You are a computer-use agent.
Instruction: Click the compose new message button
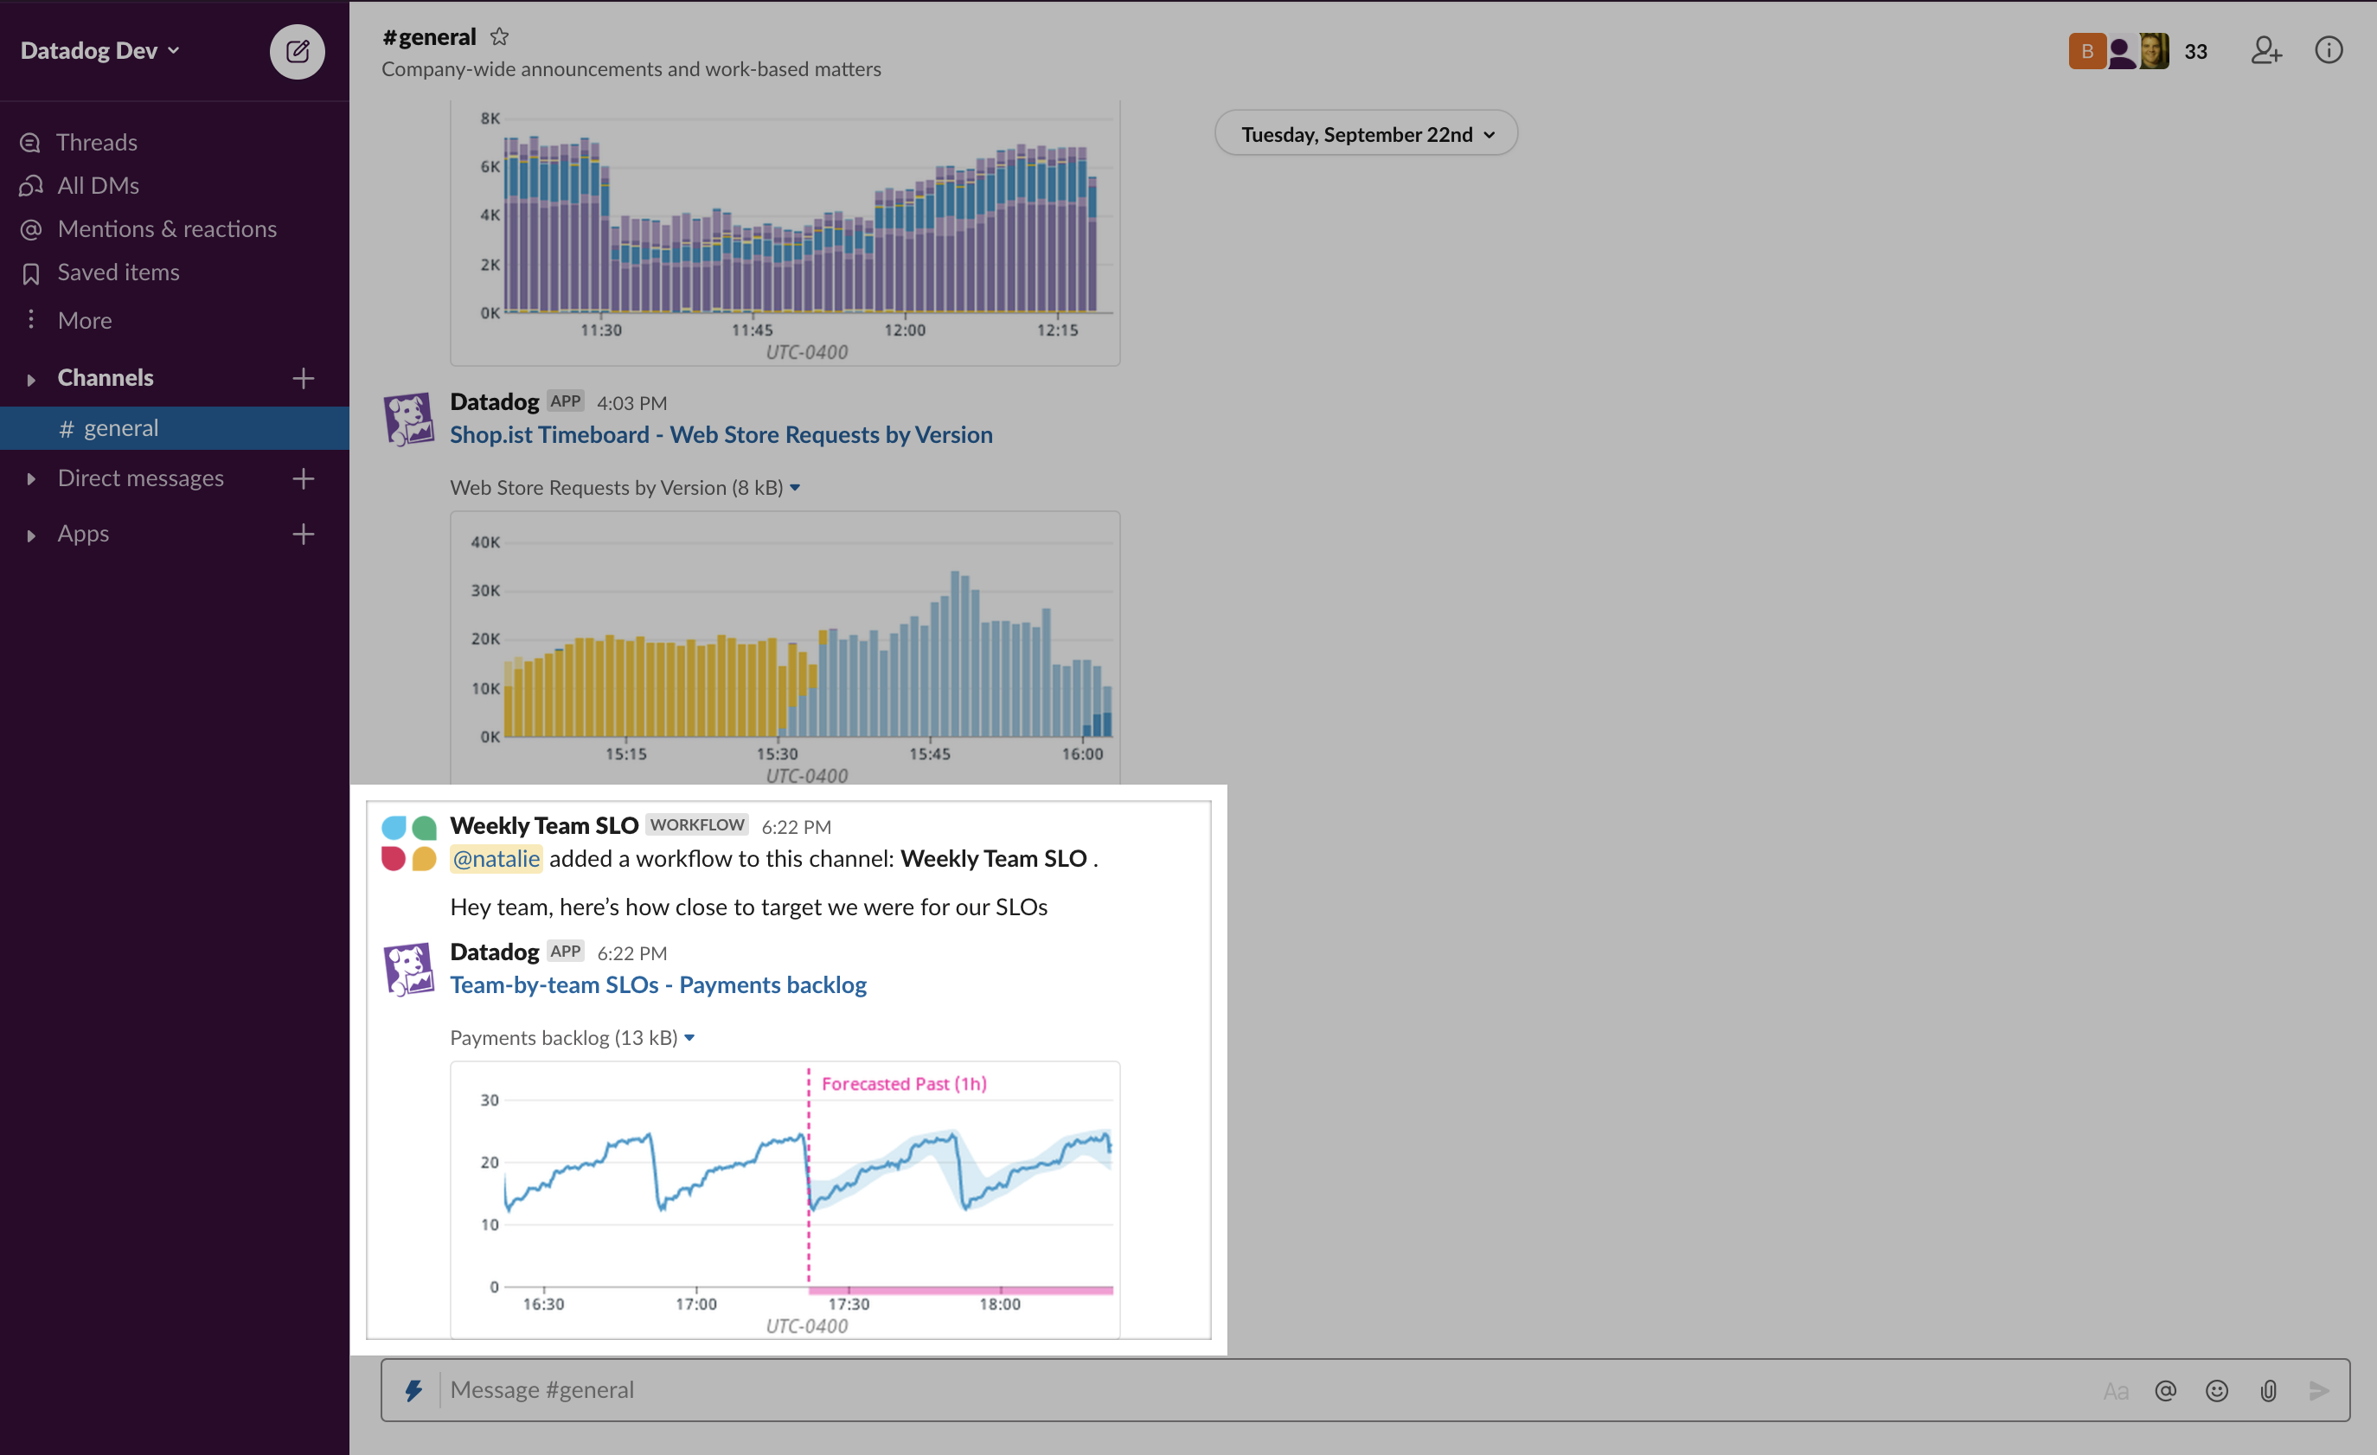coord(298,51)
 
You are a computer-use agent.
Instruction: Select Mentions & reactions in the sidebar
coord(166,228)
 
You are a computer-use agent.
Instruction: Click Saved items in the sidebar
coord(118,272)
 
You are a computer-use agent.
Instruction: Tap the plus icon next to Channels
coord(303,378)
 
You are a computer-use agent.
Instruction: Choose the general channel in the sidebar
coord(120,427)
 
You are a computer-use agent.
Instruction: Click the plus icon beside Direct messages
coord(303,478)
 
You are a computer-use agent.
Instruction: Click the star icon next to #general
coord(499,36)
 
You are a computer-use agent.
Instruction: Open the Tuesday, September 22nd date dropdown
coord(1365,134)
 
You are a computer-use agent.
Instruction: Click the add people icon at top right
coord(2266,50)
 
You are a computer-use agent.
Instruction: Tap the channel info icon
coord(2328,50)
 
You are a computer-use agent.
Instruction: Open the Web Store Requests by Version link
coord(721,434)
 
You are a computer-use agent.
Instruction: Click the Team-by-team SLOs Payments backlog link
coord(658,984)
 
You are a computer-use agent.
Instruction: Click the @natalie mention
coord(496,858)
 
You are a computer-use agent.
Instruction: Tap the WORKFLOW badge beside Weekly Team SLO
coord(696,825)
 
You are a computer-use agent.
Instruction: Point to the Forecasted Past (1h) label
coord(903,1084)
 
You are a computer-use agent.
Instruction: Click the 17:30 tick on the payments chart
coord(848,1304)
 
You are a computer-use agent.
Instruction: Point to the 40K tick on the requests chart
coord(485,542)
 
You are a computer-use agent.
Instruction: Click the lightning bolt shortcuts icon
coord(413,1389)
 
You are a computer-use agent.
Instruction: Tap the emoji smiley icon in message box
coord(2216,1390)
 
